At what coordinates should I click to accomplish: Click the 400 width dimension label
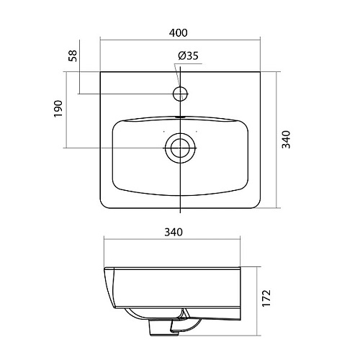[178, 33]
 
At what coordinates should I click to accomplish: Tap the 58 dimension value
[73, 56]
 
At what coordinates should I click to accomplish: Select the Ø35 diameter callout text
[188, 56]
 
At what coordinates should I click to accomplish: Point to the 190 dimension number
[58, 109]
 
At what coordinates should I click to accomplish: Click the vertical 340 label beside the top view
[286, 140]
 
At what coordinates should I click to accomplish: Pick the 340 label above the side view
[174, 232]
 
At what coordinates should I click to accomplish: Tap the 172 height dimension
[266, 298]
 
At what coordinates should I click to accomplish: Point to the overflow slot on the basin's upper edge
[180, 117]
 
